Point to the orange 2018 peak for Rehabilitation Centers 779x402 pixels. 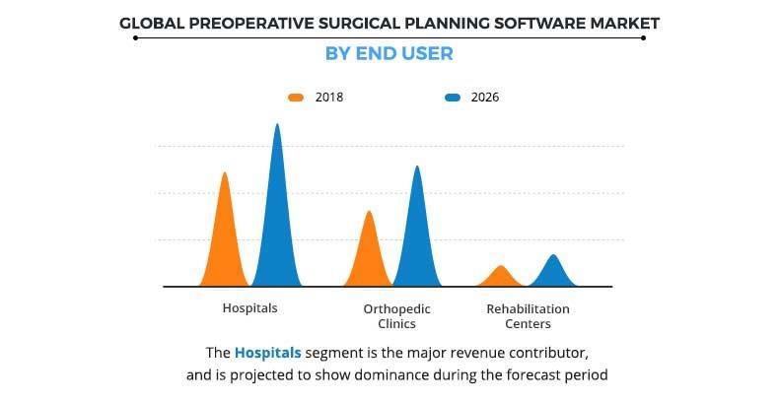click(x=501, y=277)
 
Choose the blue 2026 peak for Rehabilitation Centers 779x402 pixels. click(x=553, y=272)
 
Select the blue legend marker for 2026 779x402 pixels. click(x=453, y=98)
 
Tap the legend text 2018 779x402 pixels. click(x=328, y=98)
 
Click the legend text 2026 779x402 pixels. click(x=485, y=98)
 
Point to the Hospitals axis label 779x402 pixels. click(x=249, y=307)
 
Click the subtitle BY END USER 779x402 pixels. click(x=389, y=53)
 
